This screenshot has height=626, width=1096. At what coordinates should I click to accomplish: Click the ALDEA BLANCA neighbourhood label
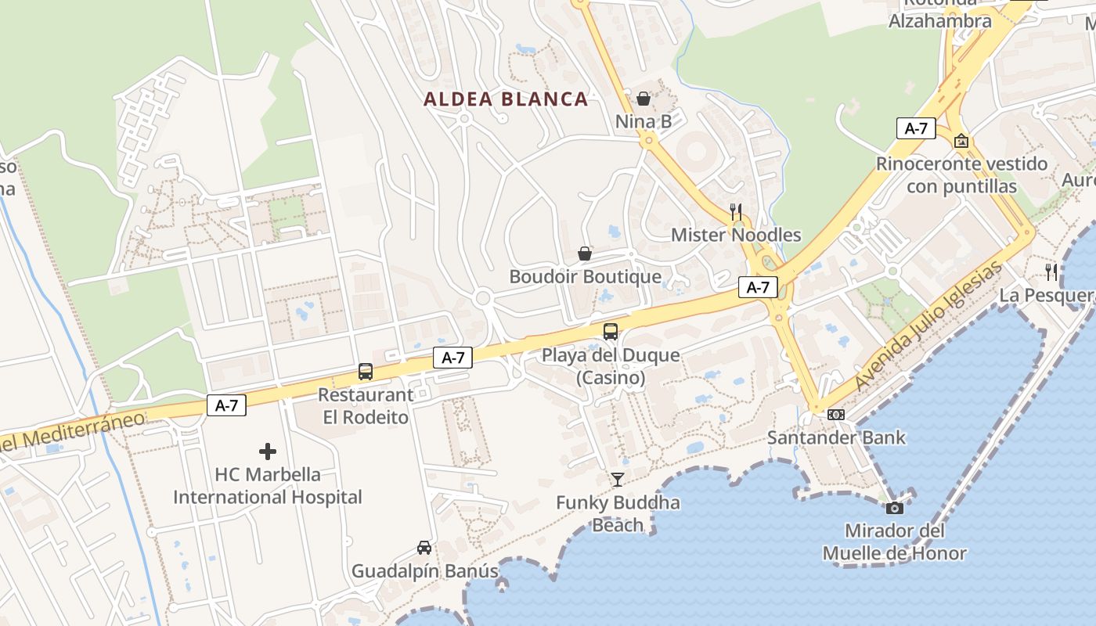506,99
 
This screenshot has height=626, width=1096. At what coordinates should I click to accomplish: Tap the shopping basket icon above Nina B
643,99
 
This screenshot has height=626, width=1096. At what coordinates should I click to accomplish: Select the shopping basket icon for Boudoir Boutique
584,254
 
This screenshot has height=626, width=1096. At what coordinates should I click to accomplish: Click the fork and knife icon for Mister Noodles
735,211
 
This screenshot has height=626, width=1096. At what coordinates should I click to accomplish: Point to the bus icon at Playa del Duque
610,332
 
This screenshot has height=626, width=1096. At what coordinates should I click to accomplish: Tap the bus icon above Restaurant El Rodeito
365,372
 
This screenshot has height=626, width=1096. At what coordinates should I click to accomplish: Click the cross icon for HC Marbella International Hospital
268,452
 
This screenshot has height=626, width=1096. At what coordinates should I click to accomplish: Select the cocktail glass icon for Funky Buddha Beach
618,479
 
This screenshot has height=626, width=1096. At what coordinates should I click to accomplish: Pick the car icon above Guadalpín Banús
424,548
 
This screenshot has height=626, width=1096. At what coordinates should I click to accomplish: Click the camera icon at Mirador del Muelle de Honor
894,508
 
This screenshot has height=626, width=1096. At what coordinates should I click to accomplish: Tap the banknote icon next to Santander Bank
836,415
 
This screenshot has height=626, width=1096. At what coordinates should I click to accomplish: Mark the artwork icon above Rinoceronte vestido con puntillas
961,141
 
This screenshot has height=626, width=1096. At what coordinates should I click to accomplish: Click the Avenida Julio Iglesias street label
928,326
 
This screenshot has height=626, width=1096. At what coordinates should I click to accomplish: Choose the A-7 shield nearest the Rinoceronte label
916,129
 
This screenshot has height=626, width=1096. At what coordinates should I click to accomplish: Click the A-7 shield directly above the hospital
226,405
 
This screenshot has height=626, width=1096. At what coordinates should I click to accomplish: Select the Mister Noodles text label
736,235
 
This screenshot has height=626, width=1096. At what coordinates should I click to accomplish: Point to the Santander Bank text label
836,437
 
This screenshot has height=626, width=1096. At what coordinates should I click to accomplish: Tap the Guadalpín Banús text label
424,571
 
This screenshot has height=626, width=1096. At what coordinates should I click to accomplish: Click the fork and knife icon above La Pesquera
1051,272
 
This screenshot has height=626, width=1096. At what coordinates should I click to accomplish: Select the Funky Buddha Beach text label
618,513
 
